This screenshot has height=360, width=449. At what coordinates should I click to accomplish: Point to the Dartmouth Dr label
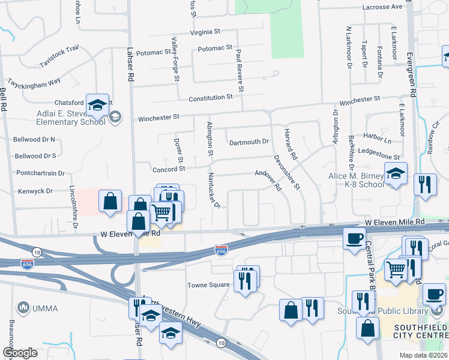(x=249, y=142)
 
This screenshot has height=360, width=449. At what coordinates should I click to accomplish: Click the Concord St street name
(x=169, y=169)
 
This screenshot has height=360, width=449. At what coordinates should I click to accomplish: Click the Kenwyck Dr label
(x=36, y=191)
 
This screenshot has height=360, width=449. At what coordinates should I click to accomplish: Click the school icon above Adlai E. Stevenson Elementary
(x=97, y=105)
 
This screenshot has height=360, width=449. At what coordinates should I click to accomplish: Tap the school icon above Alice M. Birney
(x=396, y=173)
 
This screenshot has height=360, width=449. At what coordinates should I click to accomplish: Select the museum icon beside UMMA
(x=25, y=308)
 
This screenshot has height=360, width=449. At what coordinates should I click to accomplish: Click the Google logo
(x=20, y=353)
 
